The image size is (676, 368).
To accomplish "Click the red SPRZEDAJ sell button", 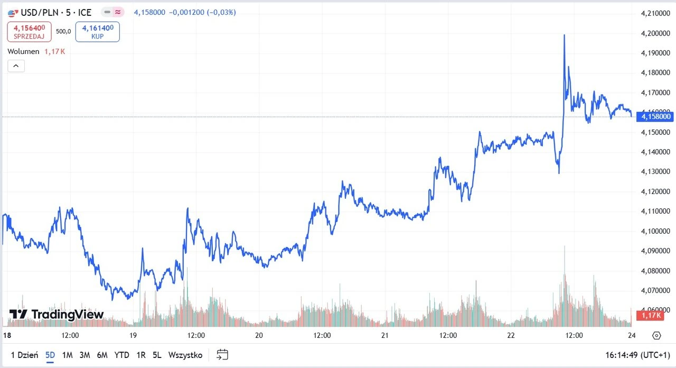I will pyautogui.click(x=29, y=32).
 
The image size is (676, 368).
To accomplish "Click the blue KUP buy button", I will pyautogui.click(x=97, y=32).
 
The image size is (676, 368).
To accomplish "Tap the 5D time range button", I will pyautogui.click(x=50, y=355).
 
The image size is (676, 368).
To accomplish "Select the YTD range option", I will pyautogui.click(x=122, y=355).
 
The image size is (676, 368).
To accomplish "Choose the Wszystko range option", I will pyautogui.click(x=185, y=355).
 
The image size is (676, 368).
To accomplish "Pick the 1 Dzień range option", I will pyautogui.click(x=24, y=355).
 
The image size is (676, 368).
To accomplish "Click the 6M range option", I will pyautogui.click(x=102, y=355).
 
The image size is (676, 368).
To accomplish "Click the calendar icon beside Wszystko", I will pyautogui.click(x=222, y=355).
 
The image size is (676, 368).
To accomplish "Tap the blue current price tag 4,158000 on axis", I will pyautogui.click(x=655, y=116).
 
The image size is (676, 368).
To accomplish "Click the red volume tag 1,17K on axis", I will pyautogui.click(x=649, y=316).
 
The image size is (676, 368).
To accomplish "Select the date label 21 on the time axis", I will pyautogui.click(x=385, y=335).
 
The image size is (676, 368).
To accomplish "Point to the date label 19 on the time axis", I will pyautogui.click(x=133, y=335).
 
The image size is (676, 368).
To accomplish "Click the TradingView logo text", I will pyautogui.click(x=57, y=315).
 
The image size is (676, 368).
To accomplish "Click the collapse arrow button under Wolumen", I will pyautogui.click(x=16, y=66).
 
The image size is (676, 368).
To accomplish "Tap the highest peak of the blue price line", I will pyautogui.click(x=564, y=35).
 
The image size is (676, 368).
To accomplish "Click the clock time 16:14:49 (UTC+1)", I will pyautogui.click(x=638, y=355).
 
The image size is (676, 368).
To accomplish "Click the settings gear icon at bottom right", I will pyautogui.click(x=656, y=335).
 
